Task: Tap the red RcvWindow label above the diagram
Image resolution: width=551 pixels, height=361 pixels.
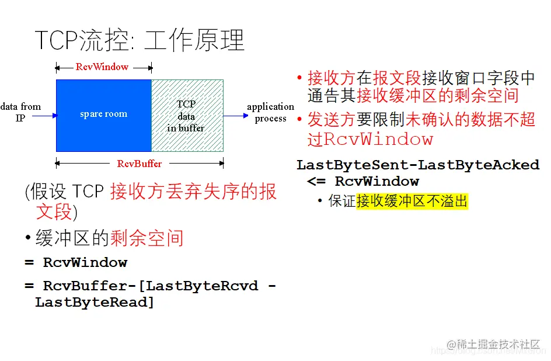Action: click(x=102, y=67)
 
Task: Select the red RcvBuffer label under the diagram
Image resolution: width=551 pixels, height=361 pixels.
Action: click(x=140, y=164)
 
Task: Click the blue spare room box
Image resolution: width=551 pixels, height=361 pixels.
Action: click(x=103, y=114)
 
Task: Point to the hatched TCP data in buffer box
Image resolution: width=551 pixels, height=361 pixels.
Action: click(x=187, y=116)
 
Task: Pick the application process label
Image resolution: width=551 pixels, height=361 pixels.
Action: click(x=270, y=112)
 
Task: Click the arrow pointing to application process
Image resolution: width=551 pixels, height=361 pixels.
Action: click(x=236, y=116)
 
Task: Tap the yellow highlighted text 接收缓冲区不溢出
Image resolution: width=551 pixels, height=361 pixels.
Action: click(x=412, y=202)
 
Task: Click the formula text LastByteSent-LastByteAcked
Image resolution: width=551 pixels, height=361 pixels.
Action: click(x=418, y=165)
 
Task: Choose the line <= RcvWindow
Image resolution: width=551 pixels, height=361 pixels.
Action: click(x=363, y=181)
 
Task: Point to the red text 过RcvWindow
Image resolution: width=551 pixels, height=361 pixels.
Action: click(x=370, y=139)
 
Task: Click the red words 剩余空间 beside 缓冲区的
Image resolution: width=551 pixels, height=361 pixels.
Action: click(x=147, y=238)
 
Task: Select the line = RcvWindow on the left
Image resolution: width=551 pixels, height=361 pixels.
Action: click(x=76, y=262)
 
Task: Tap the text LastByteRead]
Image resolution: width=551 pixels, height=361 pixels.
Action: click(x=95, y=302)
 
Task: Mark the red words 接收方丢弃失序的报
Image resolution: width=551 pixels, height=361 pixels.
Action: click(x=193, y=192)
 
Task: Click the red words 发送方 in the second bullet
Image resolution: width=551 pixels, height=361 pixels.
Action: click(x=331, y=119)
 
